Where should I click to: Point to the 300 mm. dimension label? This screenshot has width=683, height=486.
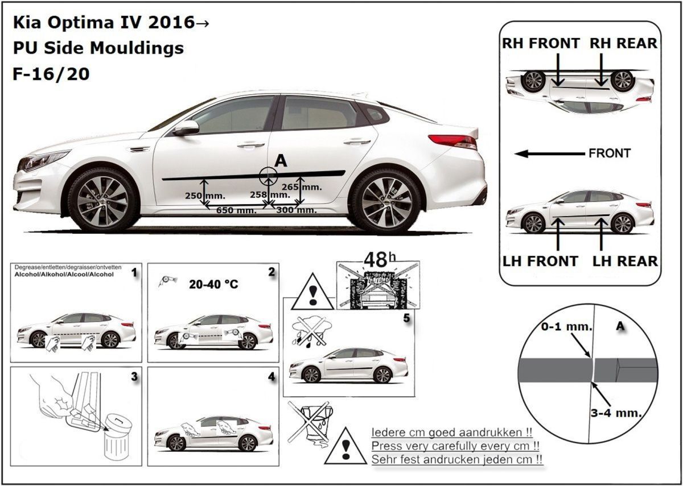coord(296,210)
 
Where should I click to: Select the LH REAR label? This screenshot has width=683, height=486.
coord(625,261)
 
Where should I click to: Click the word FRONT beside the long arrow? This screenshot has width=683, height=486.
coord(610,153)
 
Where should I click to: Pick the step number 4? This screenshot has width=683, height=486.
coord(271,377)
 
